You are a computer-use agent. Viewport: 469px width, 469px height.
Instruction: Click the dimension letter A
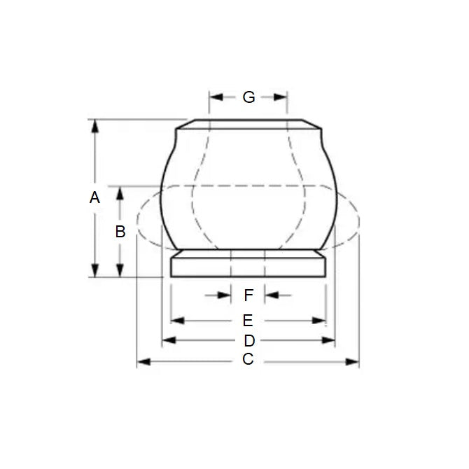click(95, 198)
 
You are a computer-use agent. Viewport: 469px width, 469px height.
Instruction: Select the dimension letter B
click(120, 232)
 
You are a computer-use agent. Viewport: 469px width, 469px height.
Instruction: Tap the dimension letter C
click(247, 360)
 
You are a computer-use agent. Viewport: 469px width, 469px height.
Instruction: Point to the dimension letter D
click(248, 341)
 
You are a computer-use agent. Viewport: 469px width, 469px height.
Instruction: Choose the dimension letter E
click(247, 321)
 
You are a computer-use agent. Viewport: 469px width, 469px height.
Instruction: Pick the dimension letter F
click(248, 295)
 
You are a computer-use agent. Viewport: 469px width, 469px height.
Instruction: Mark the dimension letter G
click(248, 97)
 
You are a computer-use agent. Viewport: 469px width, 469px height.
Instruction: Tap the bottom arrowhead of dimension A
click(95, 272)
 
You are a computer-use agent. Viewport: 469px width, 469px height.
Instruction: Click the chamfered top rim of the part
click(248, 125)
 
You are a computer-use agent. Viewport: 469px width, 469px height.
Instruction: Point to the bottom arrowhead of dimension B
click(120, 272)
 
